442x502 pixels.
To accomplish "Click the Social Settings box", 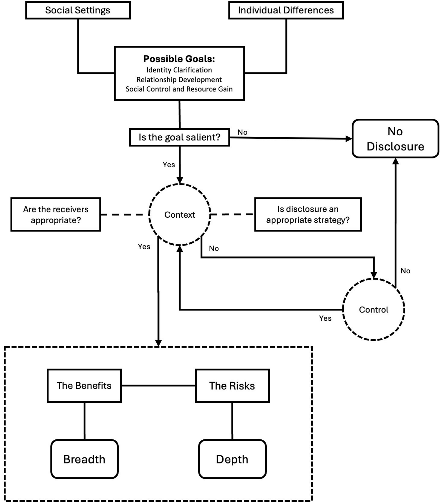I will coord(78,10).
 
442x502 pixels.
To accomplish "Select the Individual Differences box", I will coord(286,10).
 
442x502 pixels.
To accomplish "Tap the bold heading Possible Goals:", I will coord(179,59).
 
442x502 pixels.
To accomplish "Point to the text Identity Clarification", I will coord(179,70).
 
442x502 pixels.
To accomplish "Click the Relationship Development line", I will coord(179,80).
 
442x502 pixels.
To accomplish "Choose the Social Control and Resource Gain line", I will coord(179,89).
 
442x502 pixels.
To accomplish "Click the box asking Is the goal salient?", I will coord(179,137).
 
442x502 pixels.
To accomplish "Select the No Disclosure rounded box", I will coord(395,139).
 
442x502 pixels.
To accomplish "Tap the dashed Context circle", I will coord(180,215).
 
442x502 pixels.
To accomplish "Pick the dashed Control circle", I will coord(374,310).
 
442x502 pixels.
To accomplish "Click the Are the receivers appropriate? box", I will coord(56,215).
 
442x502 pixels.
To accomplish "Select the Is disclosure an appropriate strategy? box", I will coord(308,215).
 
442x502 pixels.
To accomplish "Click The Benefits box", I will coord(84,386).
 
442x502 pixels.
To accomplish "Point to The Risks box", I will coord(232,386).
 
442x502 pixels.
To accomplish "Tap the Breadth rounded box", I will coord(84,459).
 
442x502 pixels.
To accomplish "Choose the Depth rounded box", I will coord(232,459).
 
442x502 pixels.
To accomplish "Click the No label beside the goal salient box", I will coord(242,132).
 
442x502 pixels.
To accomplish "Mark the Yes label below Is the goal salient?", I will coord(169,165).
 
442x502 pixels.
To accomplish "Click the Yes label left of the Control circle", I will coord(325,318).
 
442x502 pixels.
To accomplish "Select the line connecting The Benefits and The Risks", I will coord(158,386).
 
